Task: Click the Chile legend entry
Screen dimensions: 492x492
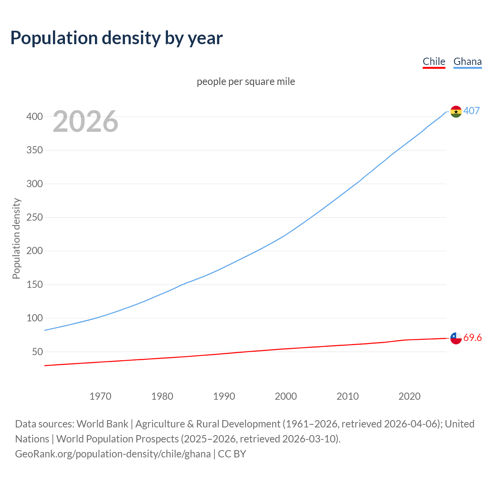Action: tap(434, 62)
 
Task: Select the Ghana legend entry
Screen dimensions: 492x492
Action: tap(467, 62)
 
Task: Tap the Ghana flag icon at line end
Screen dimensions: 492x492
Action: tap(456, 111)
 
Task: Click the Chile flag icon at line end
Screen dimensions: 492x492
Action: tap(456, 338)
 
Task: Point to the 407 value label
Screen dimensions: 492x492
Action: tap(472, 111)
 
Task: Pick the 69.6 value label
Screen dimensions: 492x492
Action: tap(472, 337)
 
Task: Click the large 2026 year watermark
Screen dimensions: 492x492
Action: tap(85, 121)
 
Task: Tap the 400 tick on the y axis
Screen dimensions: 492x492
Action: tap(34, 116)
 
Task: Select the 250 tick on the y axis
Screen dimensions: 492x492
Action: tap(34, 217)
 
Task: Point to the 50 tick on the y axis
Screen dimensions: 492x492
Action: tap(37, 352)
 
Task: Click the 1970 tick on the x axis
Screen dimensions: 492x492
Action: tap(100, 396)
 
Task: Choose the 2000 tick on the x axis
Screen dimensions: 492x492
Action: tap(286, 396)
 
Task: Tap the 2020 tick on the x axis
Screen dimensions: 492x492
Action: tap(409, 396)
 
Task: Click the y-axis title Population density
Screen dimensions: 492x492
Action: tap(16, 238)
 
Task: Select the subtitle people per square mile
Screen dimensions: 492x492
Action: tap(246, 81)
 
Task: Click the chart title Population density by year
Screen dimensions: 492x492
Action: tap(116, 38)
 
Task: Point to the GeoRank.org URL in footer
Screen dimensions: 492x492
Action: tap(113, 454)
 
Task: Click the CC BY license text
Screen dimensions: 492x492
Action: tap(232, 454)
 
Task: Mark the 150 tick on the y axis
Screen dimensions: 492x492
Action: tap(34, 284)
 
